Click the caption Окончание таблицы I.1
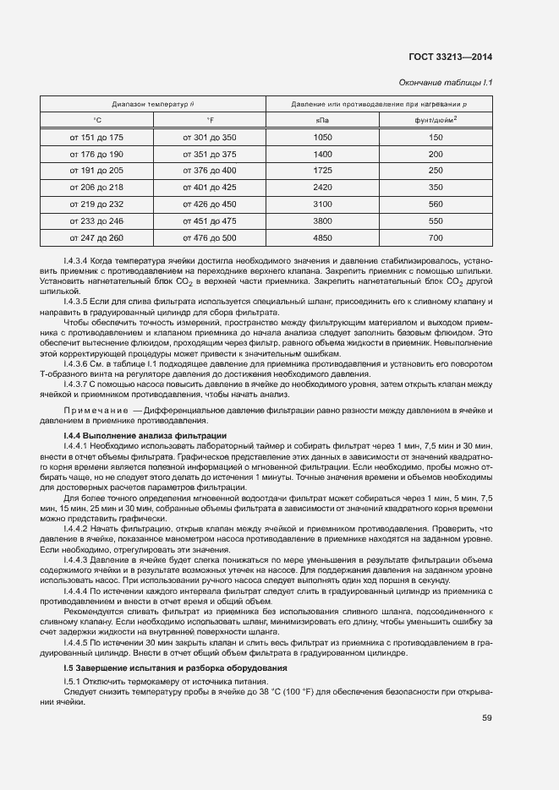(445, 83)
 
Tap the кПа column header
(322, 120)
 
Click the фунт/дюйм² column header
(436, 120)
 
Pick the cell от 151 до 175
(96, 137)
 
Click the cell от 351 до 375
(210, 154)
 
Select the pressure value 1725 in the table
(322, 171)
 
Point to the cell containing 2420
(322, 188)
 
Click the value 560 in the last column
(436, 204)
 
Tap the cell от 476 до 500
(210, 238)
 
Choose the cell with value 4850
(322, 238)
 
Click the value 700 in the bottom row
(436, 238)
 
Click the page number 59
(486, 718)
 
